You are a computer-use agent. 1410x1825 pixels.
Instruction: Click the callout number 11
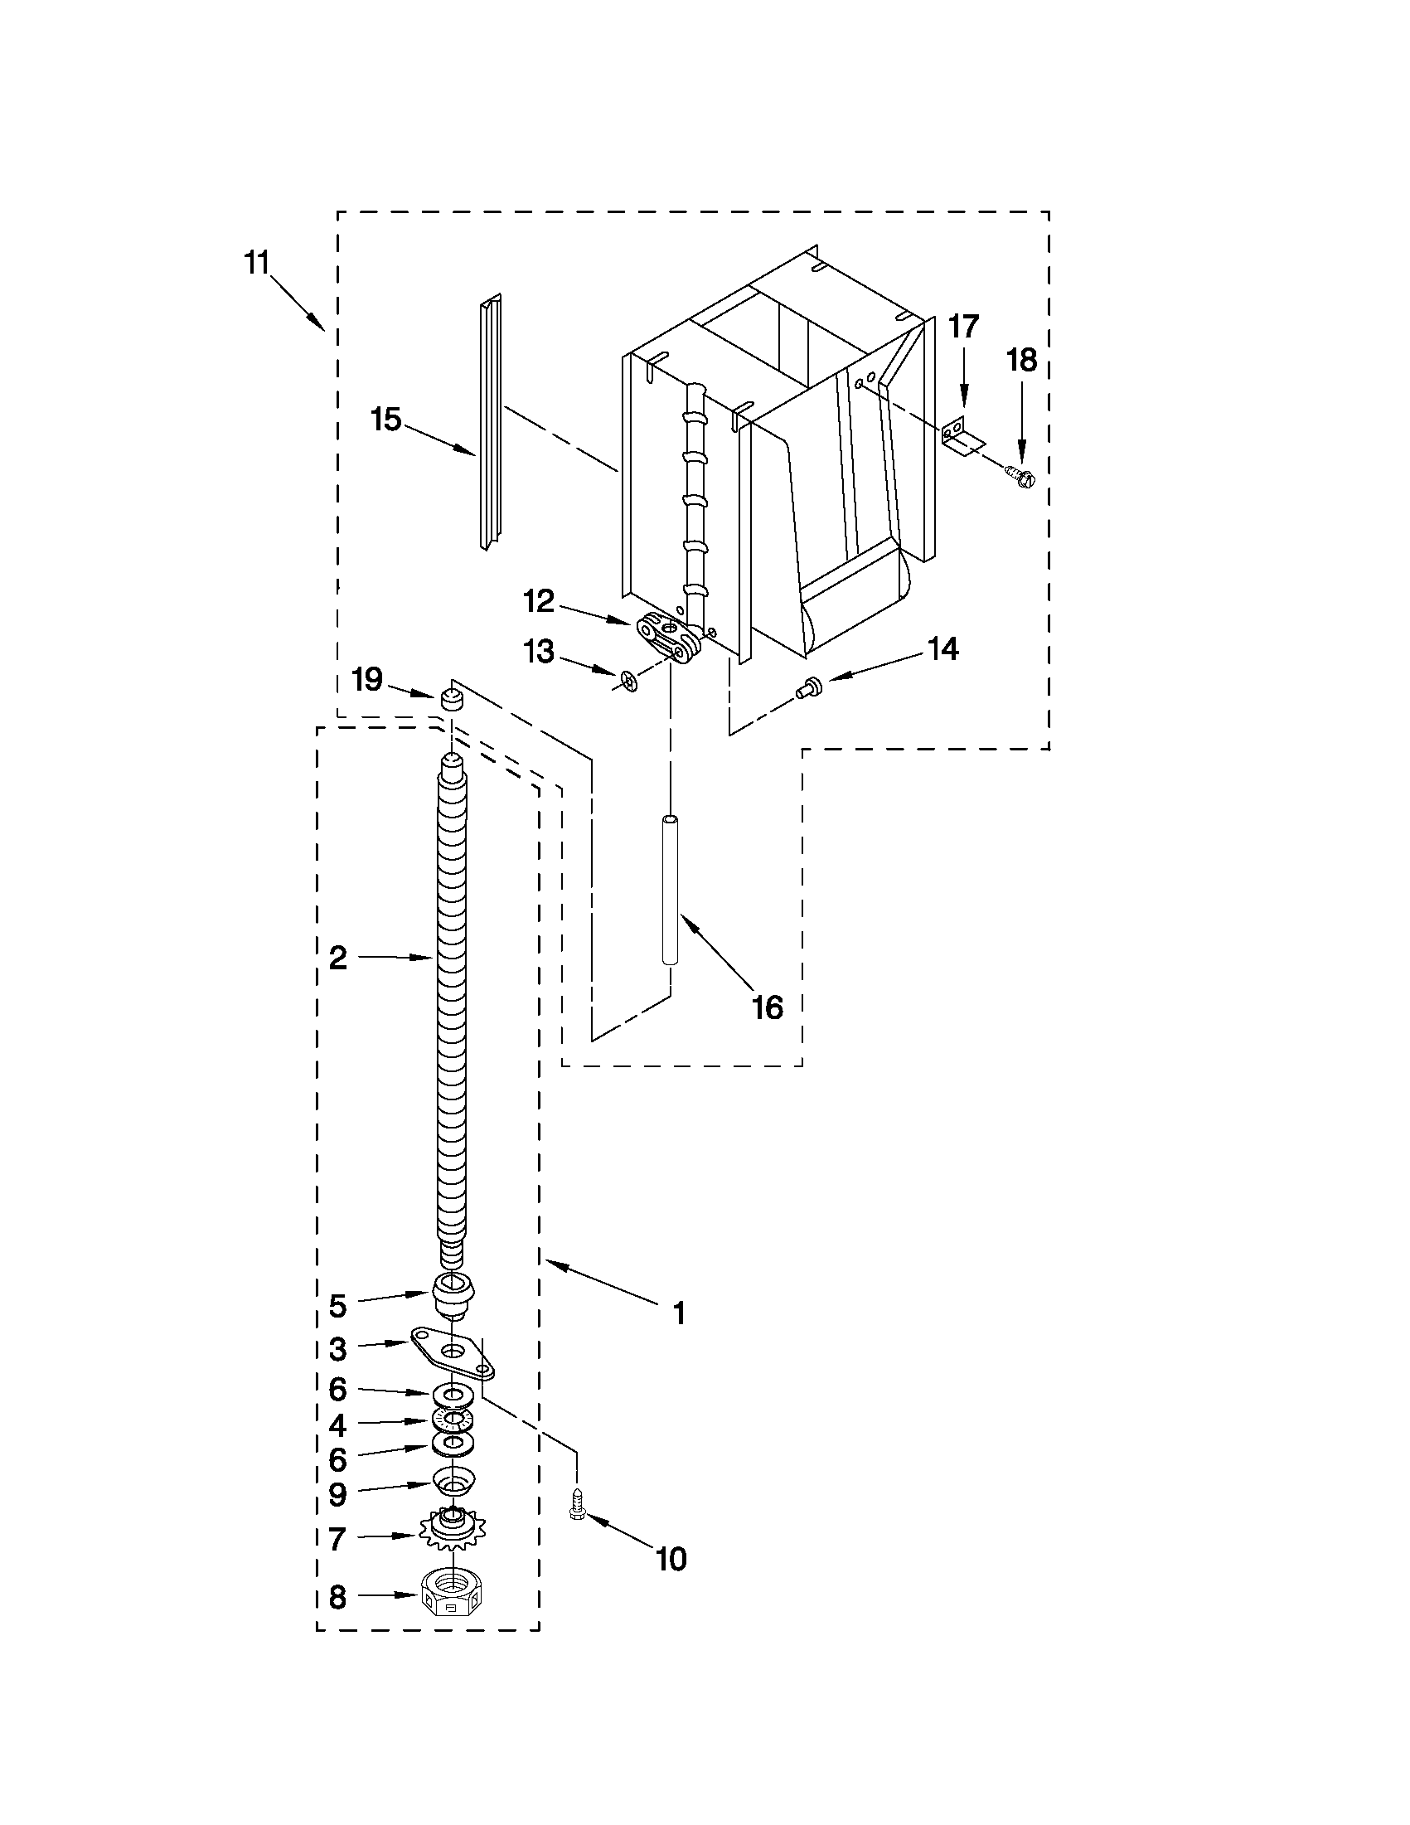click(x=256, y=263)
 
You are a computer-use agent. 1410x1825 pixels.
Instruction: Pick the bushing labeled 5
click(x=453, y=1290)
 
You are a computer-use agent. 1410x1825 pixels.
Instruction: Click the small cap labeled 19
click(x=451, y=701)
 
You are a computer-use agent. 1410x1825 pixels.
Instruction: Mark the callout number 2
click(x=337, y=958)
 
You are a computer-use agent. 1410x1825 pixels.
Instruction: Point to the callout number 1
click(x=679, y=1313)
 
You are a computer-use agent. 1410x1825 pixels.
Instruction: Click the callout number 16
click(x=767, y=1007)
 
